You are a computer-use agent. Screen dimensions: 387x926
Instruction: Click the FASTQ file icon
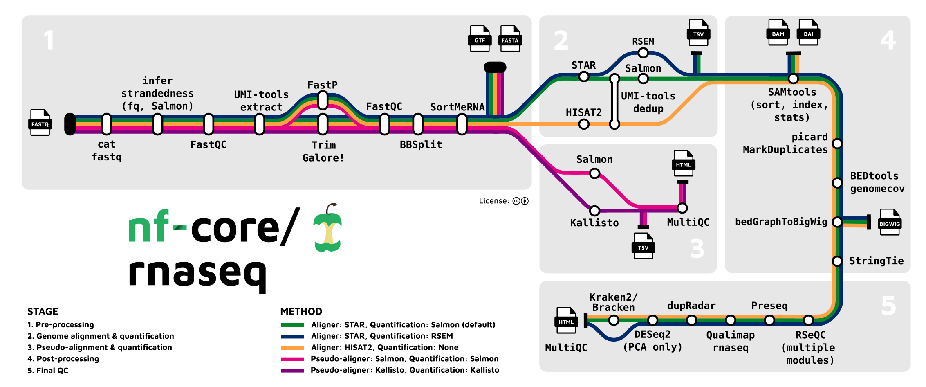(x=40, y=122)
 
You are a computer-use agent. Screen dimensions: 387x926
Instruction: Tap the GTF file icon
(x=480, y=39)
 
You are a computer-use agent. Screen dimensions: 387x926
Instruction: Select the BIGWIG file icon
(x=890, y=222)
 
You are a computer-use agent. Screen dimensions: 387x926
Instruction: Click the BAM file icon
(x=778, y=32)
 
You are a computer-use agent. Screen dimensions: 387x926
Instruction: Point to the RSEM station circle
(x=643, y=53)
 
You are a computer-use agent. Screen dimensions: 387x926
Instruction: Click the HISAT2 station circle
(x=584, y=124)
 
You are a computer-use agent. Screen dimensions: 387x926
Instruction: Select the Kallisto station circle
(x=594, y=211)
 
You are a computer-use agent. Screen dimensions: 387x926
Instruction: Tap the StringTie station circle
(x=837, y=261)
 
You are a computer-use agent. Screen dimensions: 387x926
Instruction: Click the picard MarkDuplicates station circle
(x=837, y=144)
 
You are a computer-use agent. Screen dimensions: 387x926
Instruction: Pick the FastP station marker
(x=323, y=100)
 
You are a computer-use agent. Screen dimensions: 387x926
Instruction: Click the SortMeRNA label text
(x=457, y=107)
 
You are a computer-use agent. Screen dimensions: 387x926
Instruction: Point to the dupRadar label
(x=691, y=306)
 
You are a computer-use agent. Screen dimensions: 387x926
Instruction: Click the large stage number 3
(x=697, y=248)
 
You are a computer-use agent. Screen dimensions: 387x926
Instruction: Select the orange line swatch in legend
(x=292, y=348)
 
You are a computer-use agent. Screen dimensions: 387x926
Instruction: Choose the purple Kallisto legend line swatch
(x=292, y=371)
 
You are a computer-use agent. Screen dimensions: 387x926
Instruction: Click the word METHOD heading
(x=301, y=312)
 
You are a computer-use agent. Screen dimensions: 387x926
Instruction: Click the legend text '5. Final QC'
(x=48, y=371)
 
